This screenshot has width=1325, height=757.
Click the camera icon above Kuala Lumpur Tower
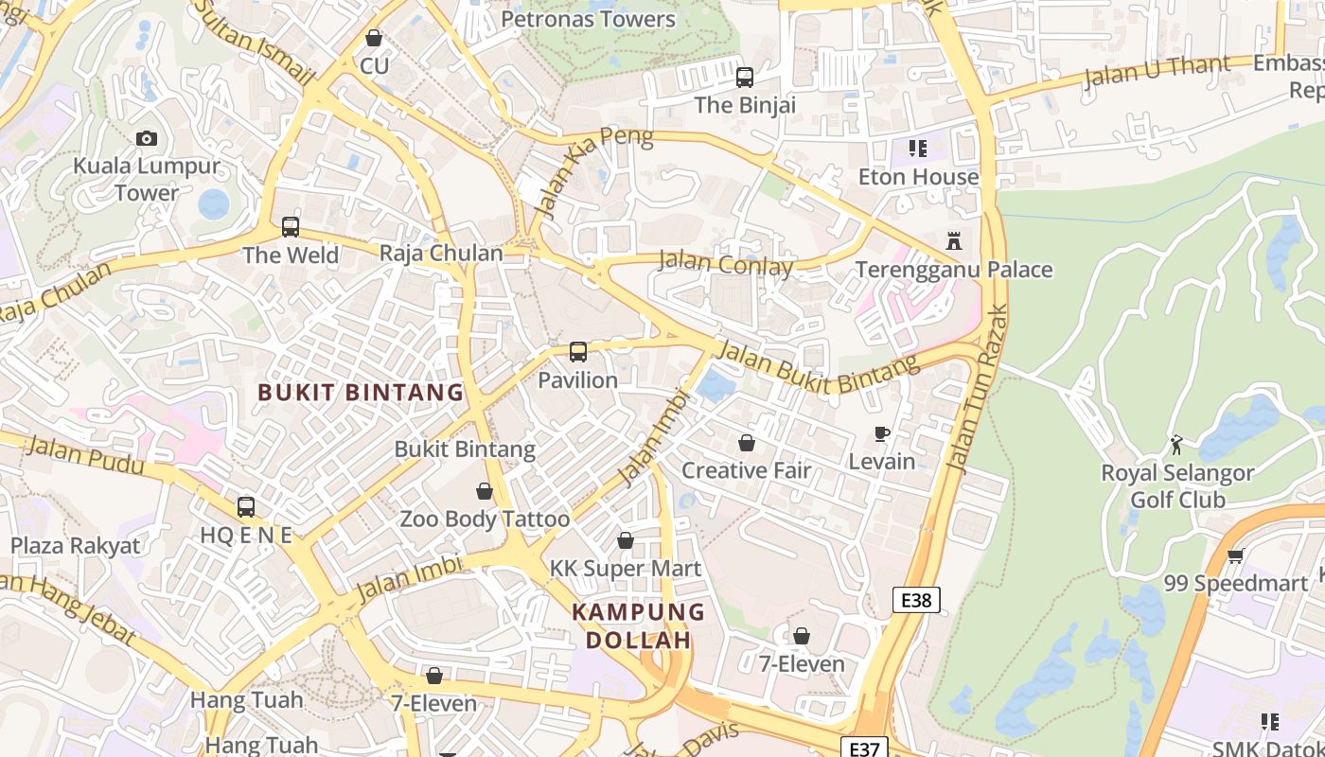point(146,138)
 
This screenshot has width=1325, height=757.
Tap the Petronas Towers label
point(588,19)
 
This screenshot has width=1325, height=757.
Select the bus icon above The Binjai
point(745,78)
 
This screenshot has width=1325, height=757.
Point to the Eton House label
point(918,177)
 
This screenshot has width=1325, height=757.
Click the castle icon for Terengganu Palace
point(954,242)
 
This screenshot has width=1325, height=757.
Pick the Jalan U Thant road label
point(1156,70)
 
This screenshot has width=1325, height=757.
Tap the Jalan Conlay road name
point(725,264)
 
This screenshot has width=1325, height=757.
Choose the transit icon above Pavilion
point(577,352)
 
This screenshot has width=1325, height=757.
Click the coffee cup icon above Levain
point(881,434)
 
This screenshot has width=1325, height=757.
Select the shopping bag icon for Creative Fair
point(747,443)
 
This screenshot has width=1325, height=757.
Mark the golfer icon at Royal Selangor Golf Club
point(1176,445)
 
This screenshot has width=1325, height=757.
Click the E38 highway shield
point(916,599)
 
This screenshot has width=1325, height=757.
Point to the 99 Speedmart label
point(1234,583)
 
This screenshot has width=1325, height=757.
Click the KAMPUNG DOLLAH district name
point(638,625)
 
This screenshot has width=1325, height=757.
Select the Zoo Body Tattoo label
point(485,519)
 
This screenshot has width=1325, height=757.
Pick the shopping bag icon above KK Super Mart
point(625,540)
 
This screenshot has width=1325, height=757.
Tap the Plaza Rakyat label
point(75,545)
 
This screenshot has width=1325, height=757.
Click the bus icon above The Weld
point(290,227)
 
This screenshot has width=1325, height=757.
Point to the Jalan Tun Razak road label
point(977,388)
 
